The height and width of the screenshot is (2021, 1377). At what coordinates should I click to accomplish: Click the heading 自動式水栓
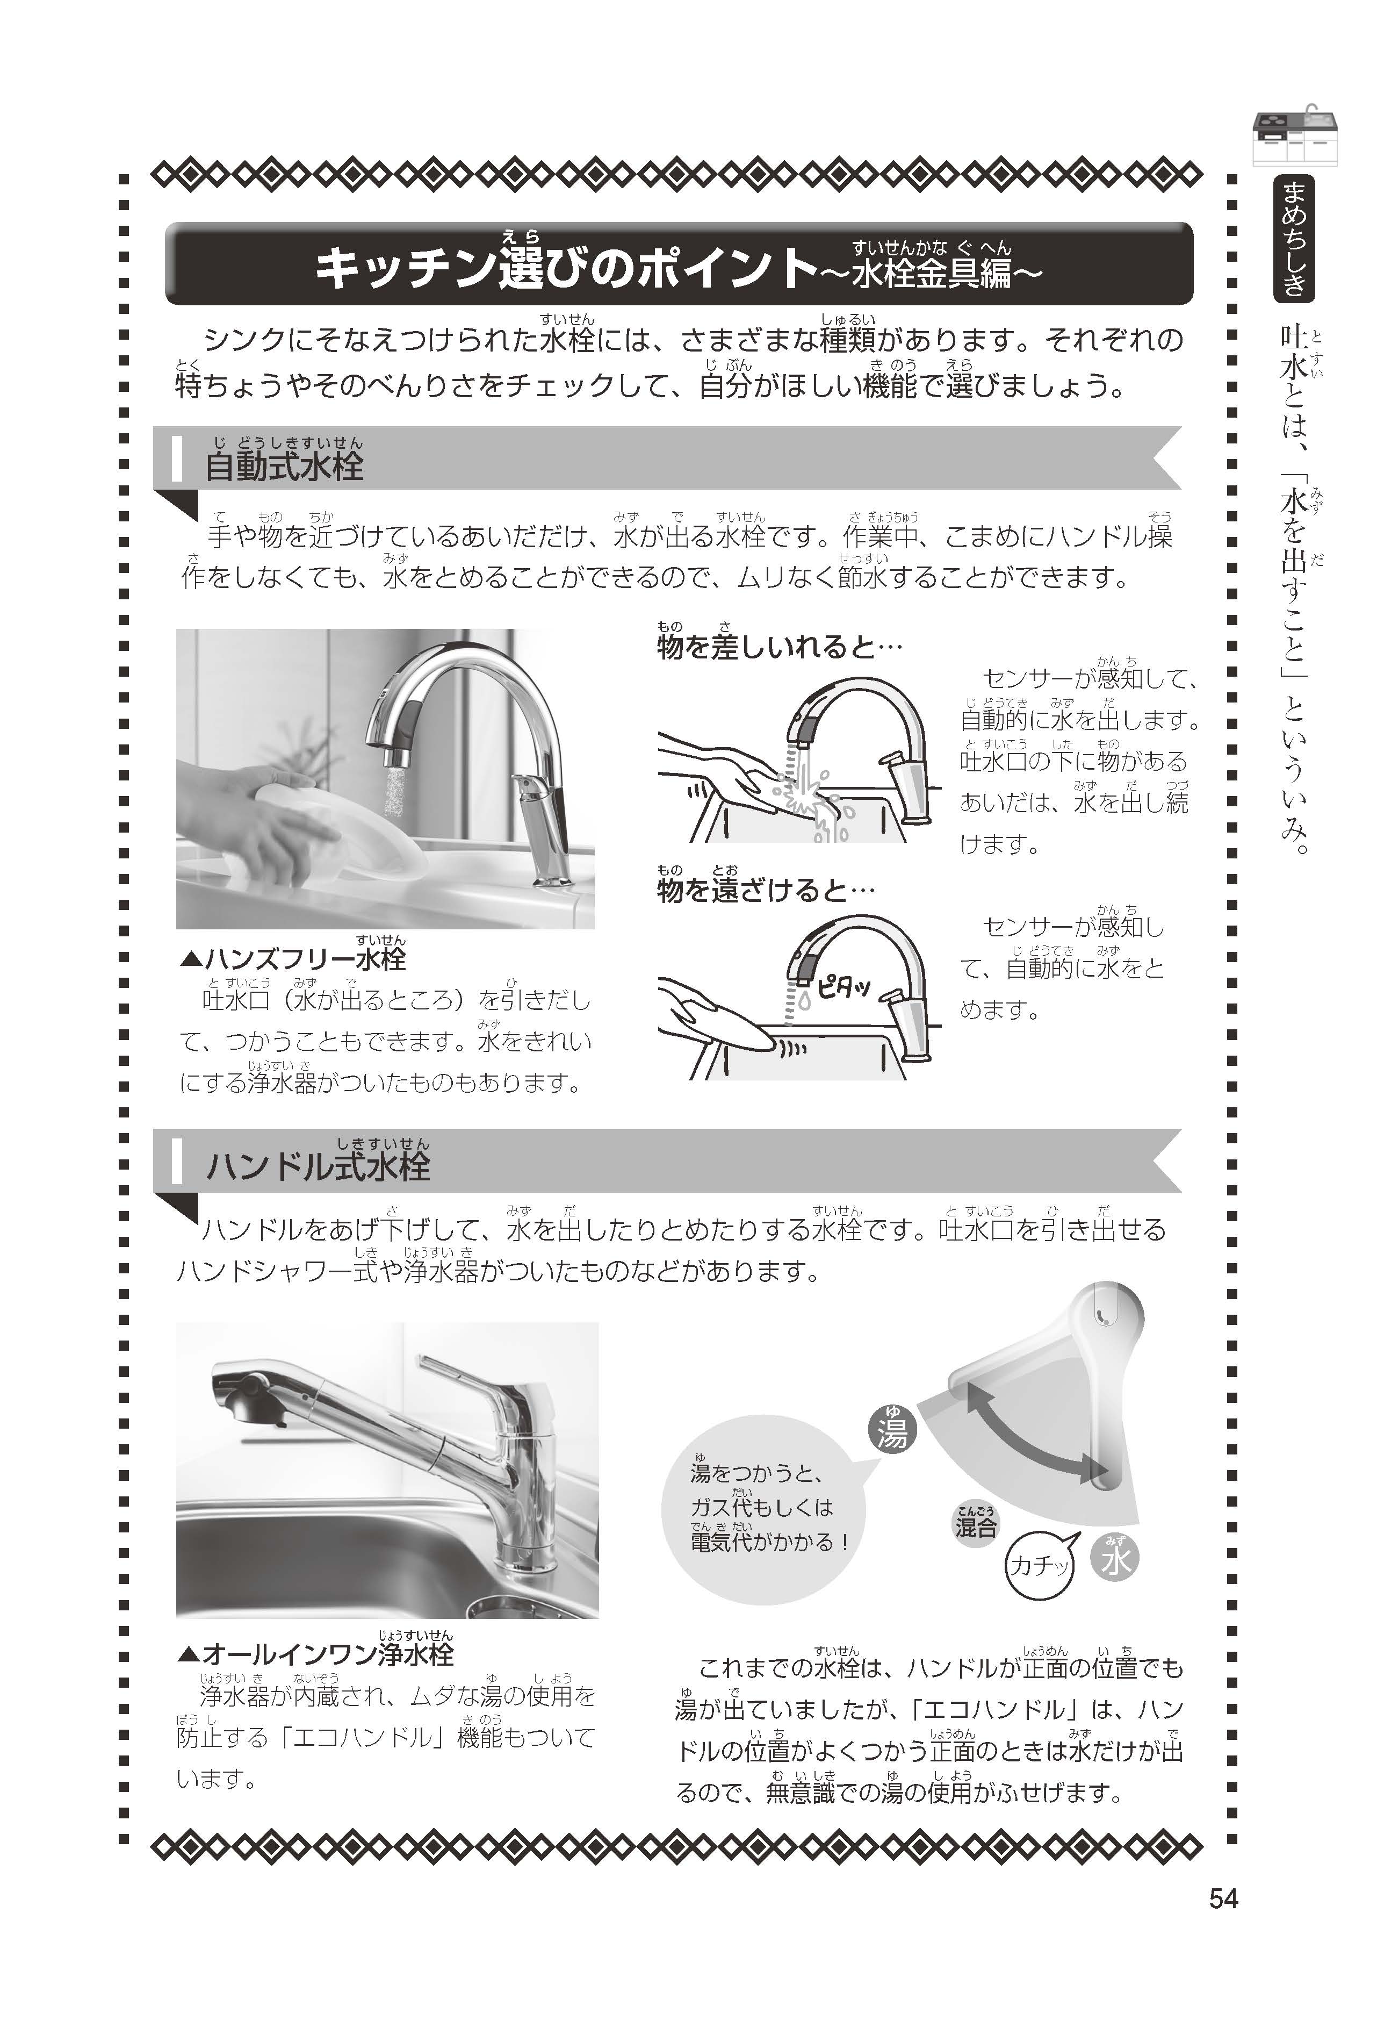(284, 466)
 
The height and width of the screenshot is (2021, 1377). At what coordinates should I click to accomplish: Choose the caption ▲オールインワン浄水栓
(315, 1654)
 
